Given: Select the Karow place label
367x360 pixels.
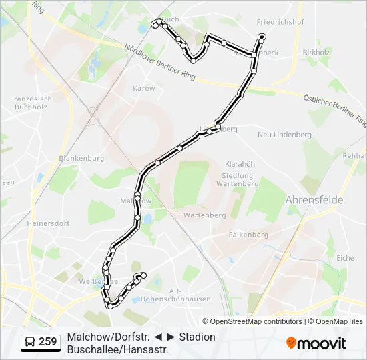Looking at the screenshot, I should click(144, 88).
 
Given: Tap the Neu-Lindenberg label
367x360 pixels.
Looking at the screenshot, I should click(284, 135).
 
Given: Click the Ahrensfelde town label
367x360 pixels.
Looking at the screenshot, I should click(314, 199).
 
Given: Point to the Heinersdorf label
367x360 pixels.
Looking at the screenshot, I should click(48, 224).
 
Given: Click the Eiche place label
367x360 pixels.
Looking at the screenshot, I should click(345, 257).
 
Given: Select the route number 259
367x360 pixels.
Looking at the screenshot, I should click(47, 342).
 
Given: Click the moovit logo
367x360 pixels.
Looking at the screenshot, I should click(316, 343).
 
